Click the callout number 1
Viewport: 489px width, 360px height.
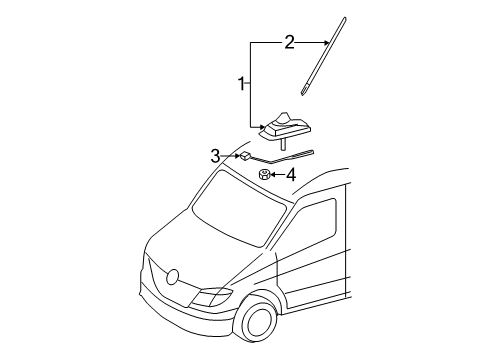[x=240, y=85]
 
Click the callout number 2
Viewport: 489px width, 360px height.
[x=289, y=42]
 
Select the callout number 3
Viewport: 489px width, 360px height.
[x=214, y=155]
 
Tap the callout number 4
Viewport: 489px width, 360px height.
[x=290, y=175]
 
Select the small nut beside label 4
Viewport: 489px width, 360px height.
[x=264, y=175]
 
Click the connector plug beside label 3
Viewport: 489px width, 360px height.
[x=244, y=155]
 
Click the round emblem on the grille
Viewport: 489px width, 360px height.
[x=171, y=277]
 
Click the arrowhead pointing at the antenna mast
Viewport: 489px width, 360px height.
[x=329, y=42]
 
